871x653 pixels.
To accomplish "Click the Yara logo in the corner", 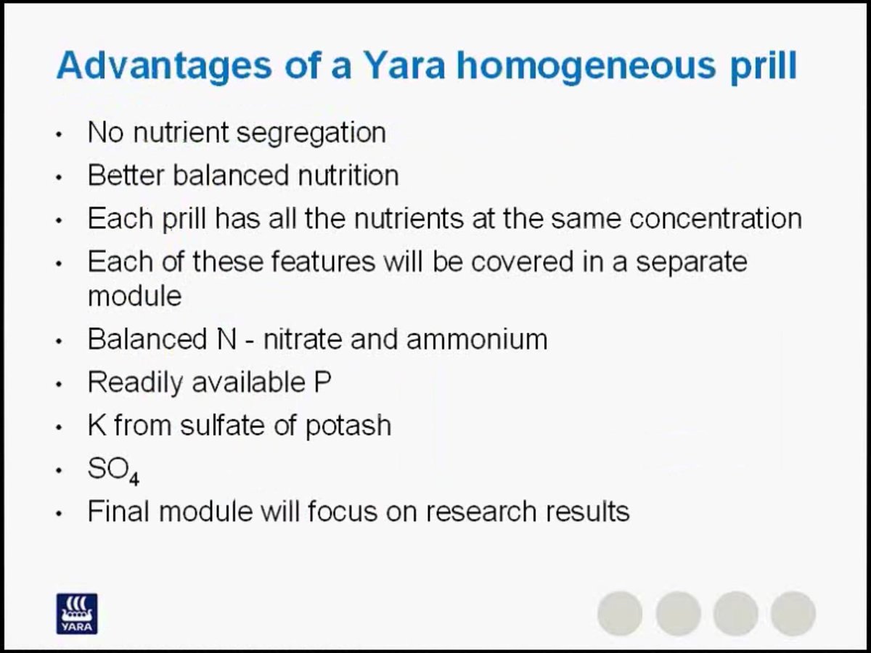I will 77,614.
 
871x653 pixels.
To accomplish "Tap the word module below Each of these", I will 134,296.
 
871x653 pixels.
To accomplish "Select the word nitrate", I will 303,339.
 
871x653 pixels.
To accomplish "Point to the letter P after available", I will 322,382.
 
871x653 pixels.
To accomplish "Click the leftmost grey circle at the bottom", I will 620,613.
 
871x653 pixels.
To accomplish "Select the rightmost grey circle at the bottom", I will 793,613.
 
